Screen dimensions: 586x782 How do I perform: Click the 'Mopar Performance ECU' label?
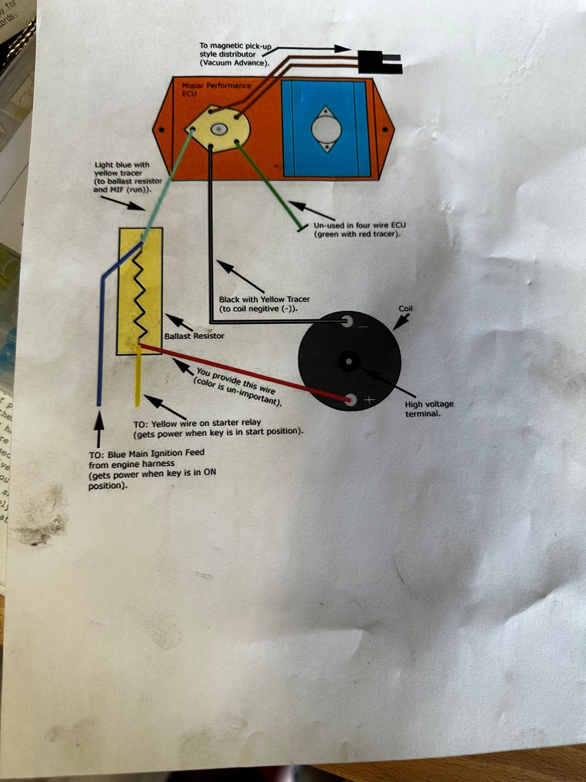point(216,90)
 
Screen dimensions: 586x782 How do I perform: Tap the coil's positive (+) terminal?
point(351,400)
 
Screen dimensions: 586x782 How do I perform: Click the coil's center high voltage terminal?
point(349,362)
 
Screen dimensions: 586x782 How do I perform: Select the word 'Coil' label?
point(406,308)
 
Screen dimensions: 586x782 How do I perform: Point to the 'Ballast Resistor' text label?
point(194,336)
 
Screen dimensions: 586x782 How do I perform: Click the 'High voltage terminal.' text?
point(429,409)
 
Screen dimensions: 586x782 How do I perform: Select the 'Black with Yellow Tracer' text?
point(264,300)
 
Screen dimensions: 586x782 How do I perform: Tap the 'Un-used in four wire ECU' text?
point(359,226)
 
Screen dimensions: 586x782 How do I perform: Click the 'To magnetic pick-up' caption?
point(235,46)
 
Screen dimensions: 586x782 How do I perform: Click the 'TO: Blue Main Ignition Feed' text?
point(146,454)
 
